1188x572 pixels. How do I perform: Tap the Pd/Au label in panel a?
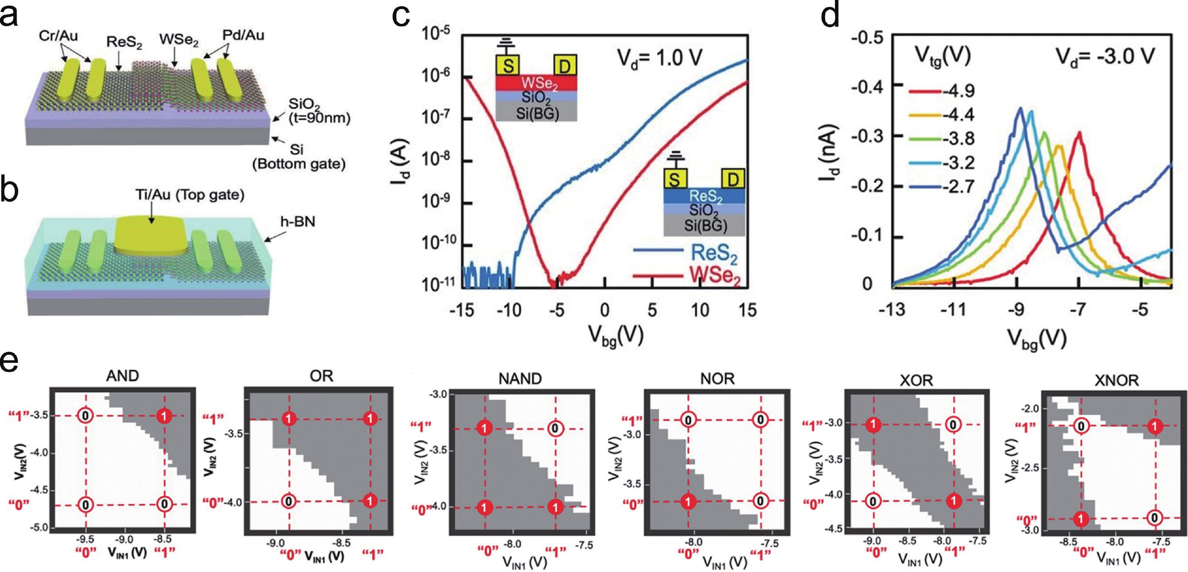(243, 35)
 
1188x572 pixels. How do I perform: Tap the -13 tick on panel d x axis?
(892, 309)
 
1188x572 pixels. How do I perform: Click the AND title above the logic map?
(122, 376)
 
